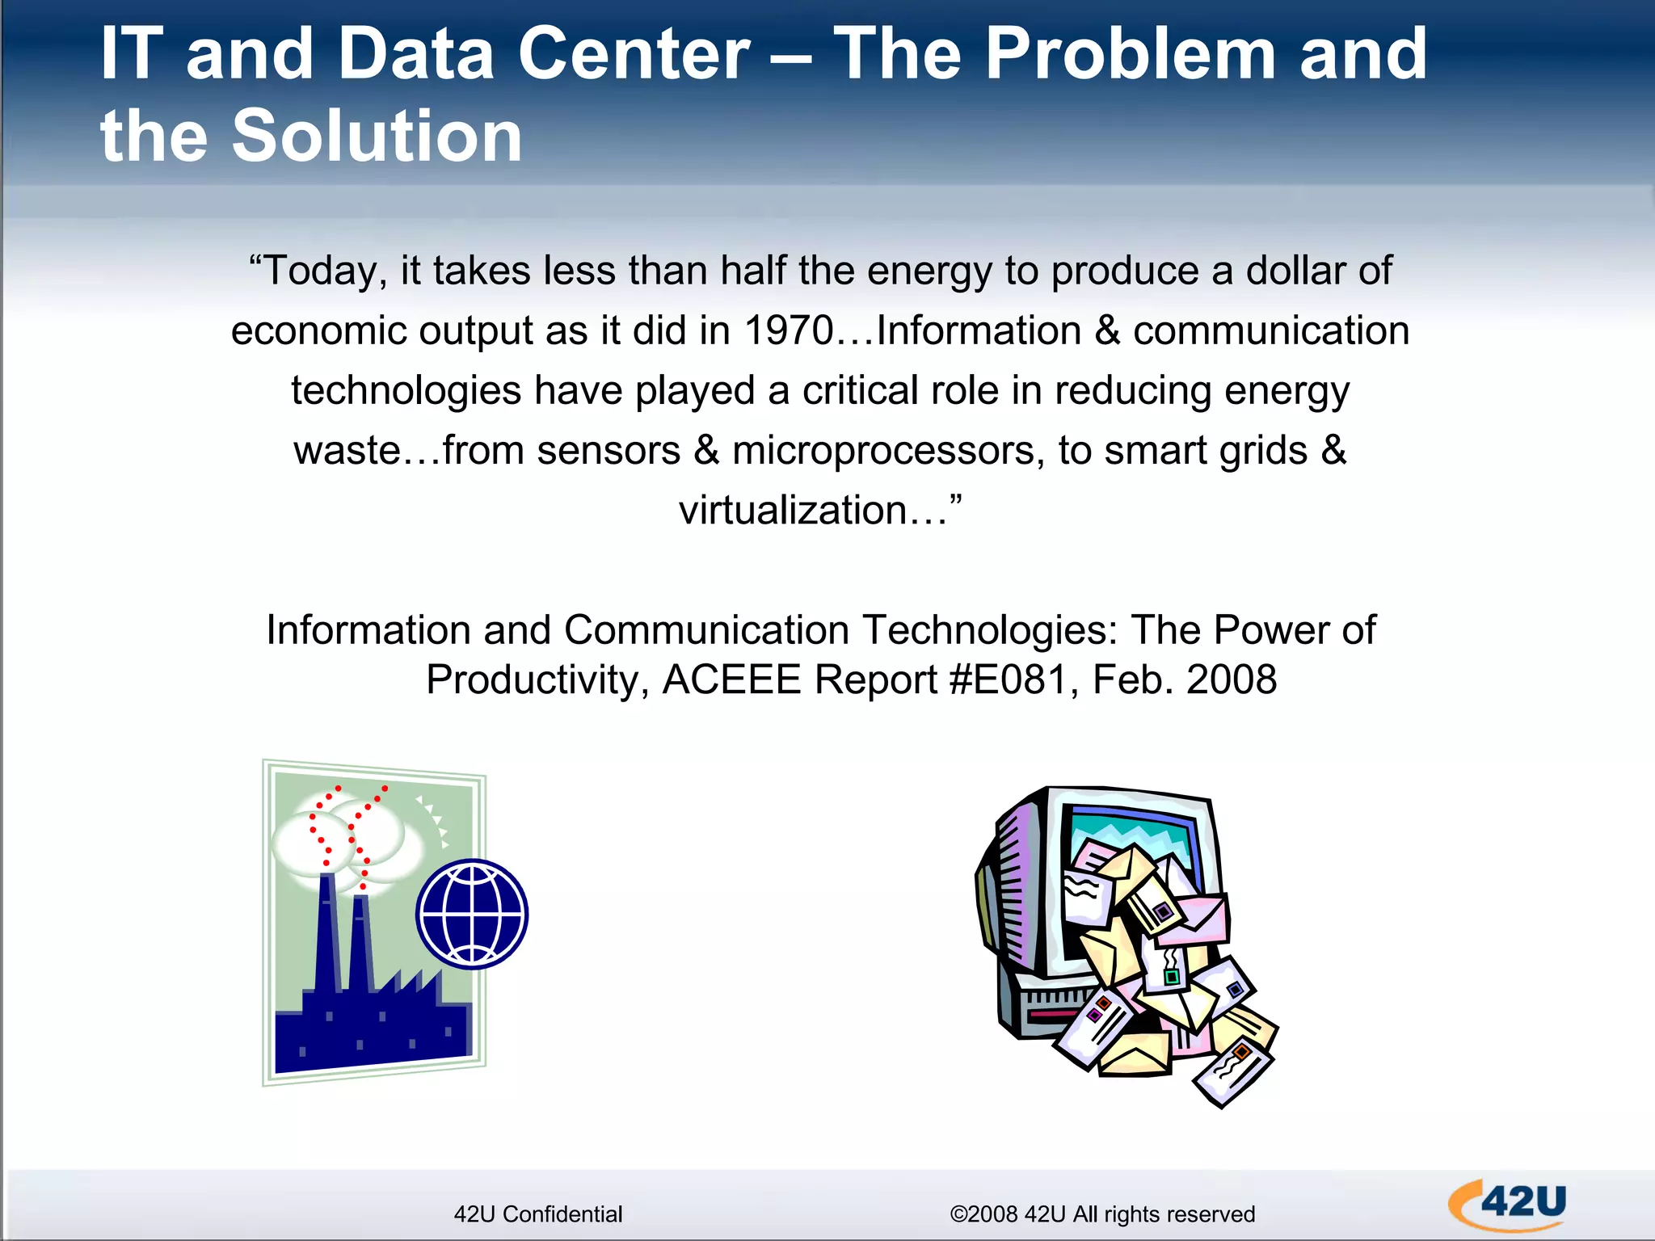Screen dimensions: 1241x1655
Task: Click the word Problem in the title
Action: click(x=1132, y=55)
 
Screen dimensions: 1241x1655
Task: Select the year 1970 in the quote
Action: click(x=788, y=330)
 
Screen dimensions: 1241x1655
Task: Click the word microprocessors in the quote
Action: click(x=882, y=450)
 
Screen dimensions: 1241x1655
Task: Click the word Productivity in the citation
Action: click(x=533, y=679)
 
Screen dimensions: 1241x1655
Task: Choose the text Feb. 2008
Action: click(x=1184, y=679)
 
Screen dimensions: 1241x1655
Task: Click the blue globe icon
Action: click(x=472, y=914)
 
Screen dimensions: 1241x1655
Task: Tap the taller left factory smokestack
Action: click(x=326, y=929)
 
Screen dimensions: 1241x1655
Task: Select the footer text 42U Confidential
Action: click(x=538, y=1214)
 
